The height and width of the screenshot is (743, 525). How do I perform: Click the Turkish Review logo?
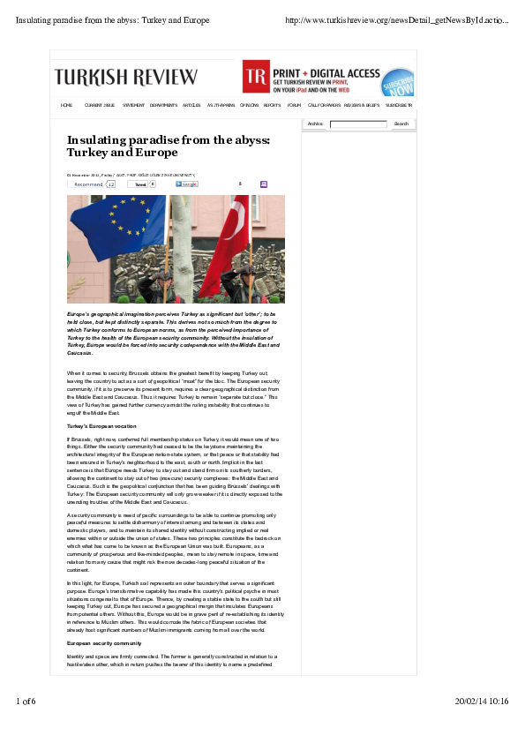click(126, 77)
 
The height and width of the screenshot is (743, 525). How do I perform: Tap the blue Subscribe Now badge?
click(399, 83)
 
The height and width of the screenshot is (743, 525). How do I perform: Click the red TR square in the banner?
click(256, 77)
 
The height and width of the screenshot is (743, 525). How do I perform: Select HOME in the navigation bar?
click(66, 105)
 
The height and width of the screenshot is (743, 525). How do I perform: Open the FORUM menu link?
click(294, 105)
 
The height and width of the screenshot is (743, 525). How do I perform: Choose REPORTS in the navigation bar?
click(272, 105)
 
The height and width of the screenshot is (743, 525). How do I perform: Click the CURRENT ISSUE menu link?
click(100, 105)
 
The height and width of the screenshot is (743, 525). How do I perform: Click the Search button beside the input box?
click(401, 124)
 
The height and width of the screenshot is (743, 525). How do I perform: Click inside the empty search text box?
click(358, 124)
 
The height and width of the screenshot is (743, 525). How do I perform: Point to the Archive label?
click(315, 124)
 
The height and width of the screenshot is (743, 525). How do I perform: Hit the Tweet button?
click(140, 184)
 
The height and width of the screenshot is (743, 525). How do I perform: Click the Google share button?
click(186, 184)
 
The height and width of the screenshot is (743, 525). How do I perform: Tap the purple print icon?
click(263, 184)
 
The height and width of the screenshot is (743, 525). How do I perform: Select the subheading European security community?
click(102, 643)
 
